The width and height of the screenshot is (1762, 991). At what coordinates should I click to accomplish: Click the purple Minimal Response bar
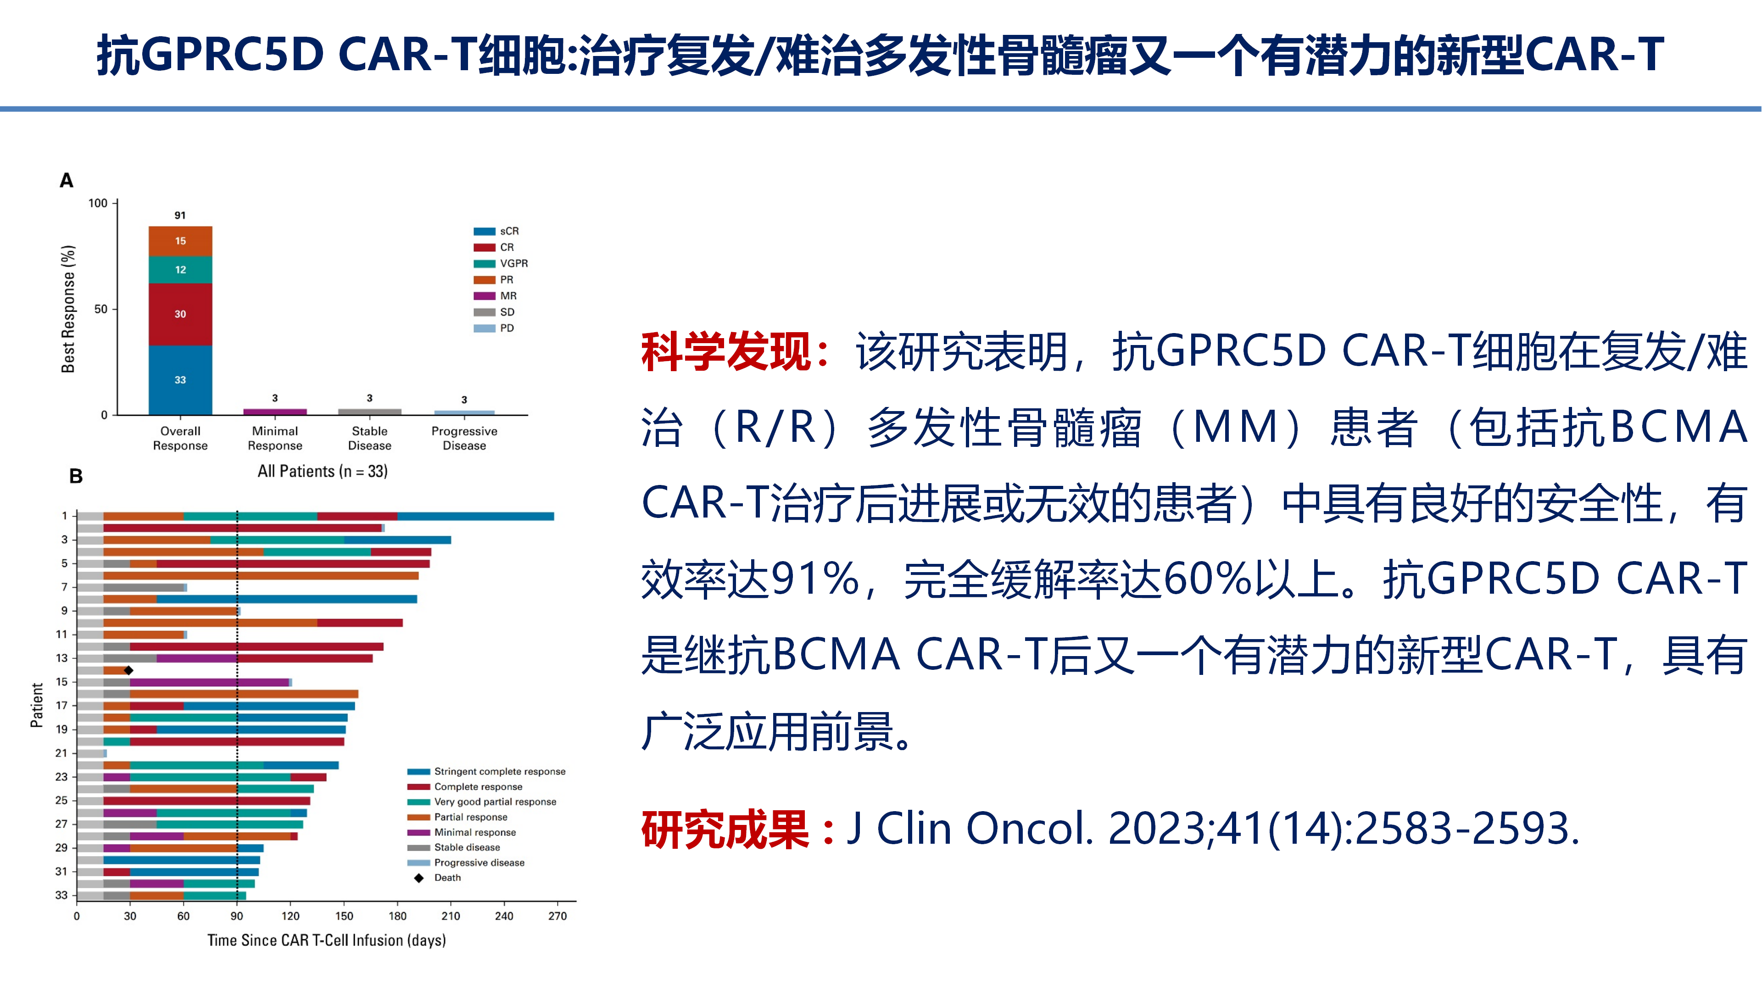tap(275, 412)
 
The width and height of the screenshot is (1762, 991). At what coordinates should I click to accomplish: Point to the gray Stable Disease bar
tap(369, 412)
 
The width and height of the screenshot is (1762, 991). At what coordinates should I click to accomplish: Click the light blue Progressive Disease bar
tap(464, 412)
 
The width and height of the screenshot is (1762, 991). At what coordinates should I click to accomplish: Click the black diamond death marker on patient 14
tap(128, 670)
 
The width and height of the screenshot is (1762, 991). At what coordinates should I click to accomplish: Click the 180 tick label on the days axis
tap(397, 916)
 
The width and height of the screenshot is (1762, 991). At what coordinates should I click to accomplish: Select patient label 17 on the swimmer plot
tap(61, 705)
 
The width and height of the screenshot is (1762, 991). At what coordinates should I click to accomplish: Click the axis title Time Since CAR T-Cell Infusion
tap(326, 941)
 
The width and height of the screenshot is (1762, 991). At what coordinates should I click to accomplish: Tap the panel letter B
tap(76, 476)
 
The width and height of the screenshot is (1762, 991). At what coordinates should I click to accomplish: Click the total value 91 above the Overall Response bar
tap(180, 216)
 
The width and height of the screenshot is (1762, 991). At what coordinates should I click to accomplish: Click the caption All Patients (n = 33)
tap(322, 471)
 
